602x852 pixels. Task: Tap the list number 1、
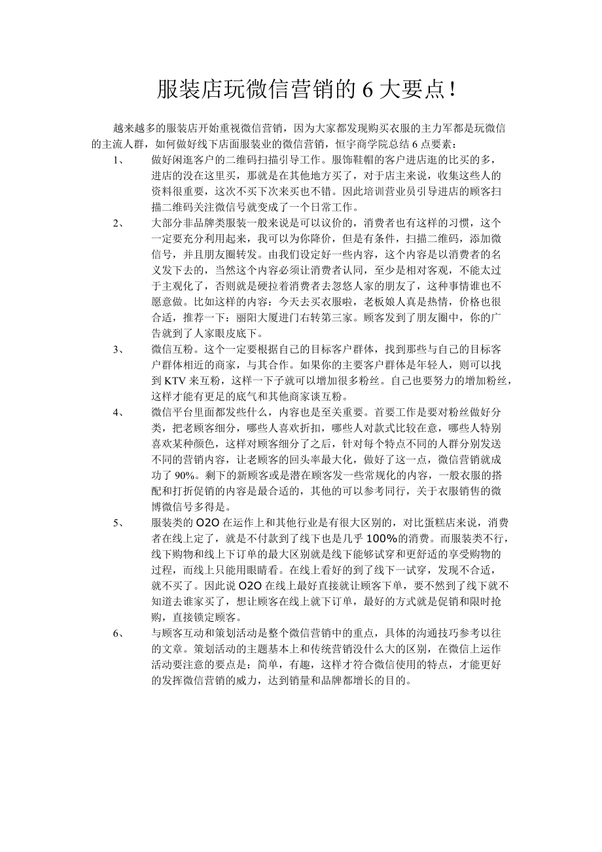tap(118, 160)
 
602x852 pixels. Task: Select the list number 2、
tap(118, 223)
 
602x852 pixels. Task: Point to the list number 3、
tap(118, 349)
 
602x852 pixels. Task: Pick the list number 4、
tap(118, 412)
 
